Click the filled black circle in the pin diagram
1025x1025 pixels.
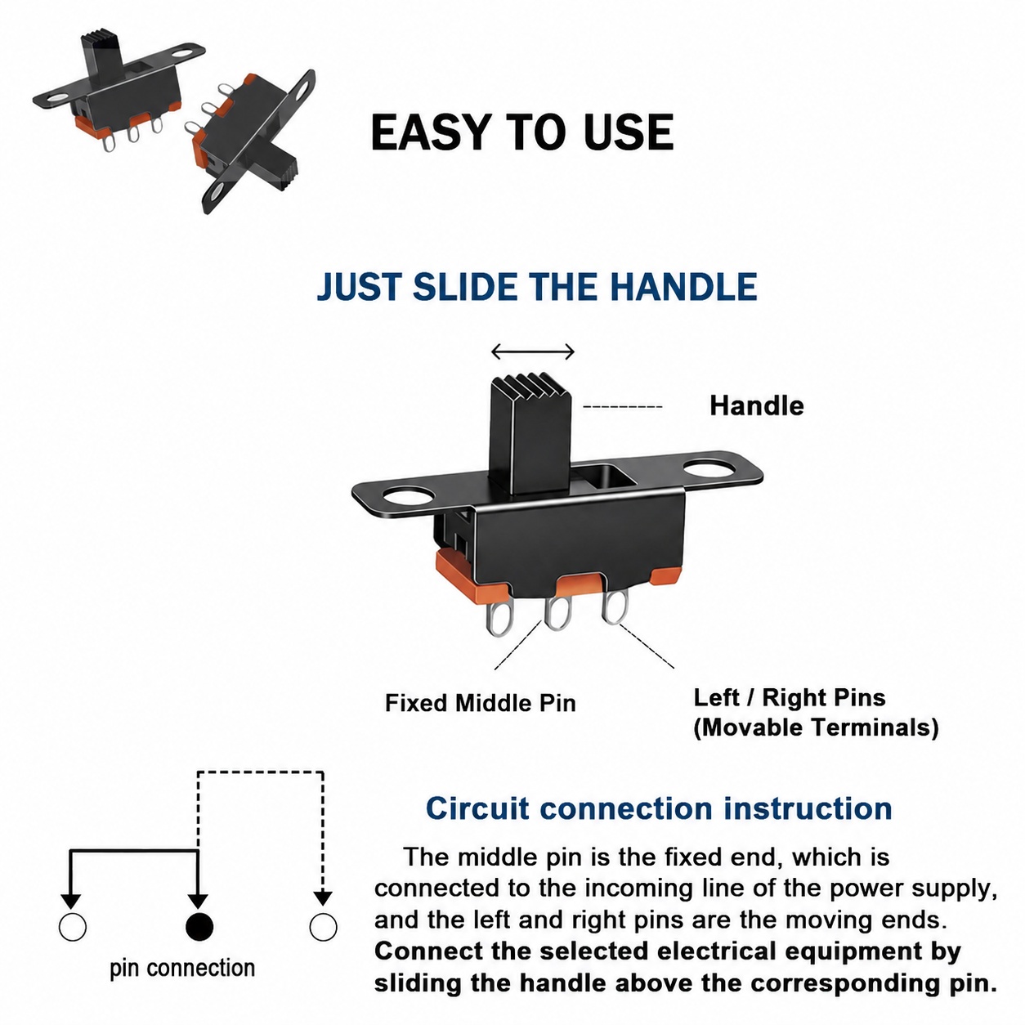pyautogui.click(x=199, y=927)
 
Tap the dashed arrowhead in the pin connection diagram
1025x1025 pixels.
pyautogui.click(x=322, y=898)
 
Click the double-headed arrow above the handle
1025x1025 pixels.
pyautogui.click(x=532, y=351)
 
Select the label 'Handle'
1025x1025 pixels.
pyautogui.click(x=756, y=406)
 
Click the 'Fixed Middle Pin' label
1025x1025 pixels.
pyautogui.click(x=481, y=703)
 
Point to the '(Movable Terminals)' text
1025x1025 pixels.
pyautogui.click(x=816, y=727)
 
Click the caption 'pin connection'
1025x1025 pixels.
pyautogui.click(x=182, y=969)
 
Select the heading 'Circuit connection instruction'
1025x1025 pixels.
pyautogui.click(x=659, y=809)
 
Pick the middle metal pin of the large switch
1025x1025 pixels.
pyautogui.click(x=557, y=612)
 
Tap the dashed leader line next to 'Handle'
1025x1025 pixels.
pyautogui.click(x=623, y=407)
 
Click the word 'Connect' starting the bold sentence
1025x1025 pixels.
pyautogui.click(x=429, y=951)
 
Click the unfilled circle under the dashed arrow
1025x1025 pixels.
pyautogui.click(x=323, y=927)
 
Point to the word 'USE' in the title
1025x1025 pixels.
pyautogui.click(x=629, y=132)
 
